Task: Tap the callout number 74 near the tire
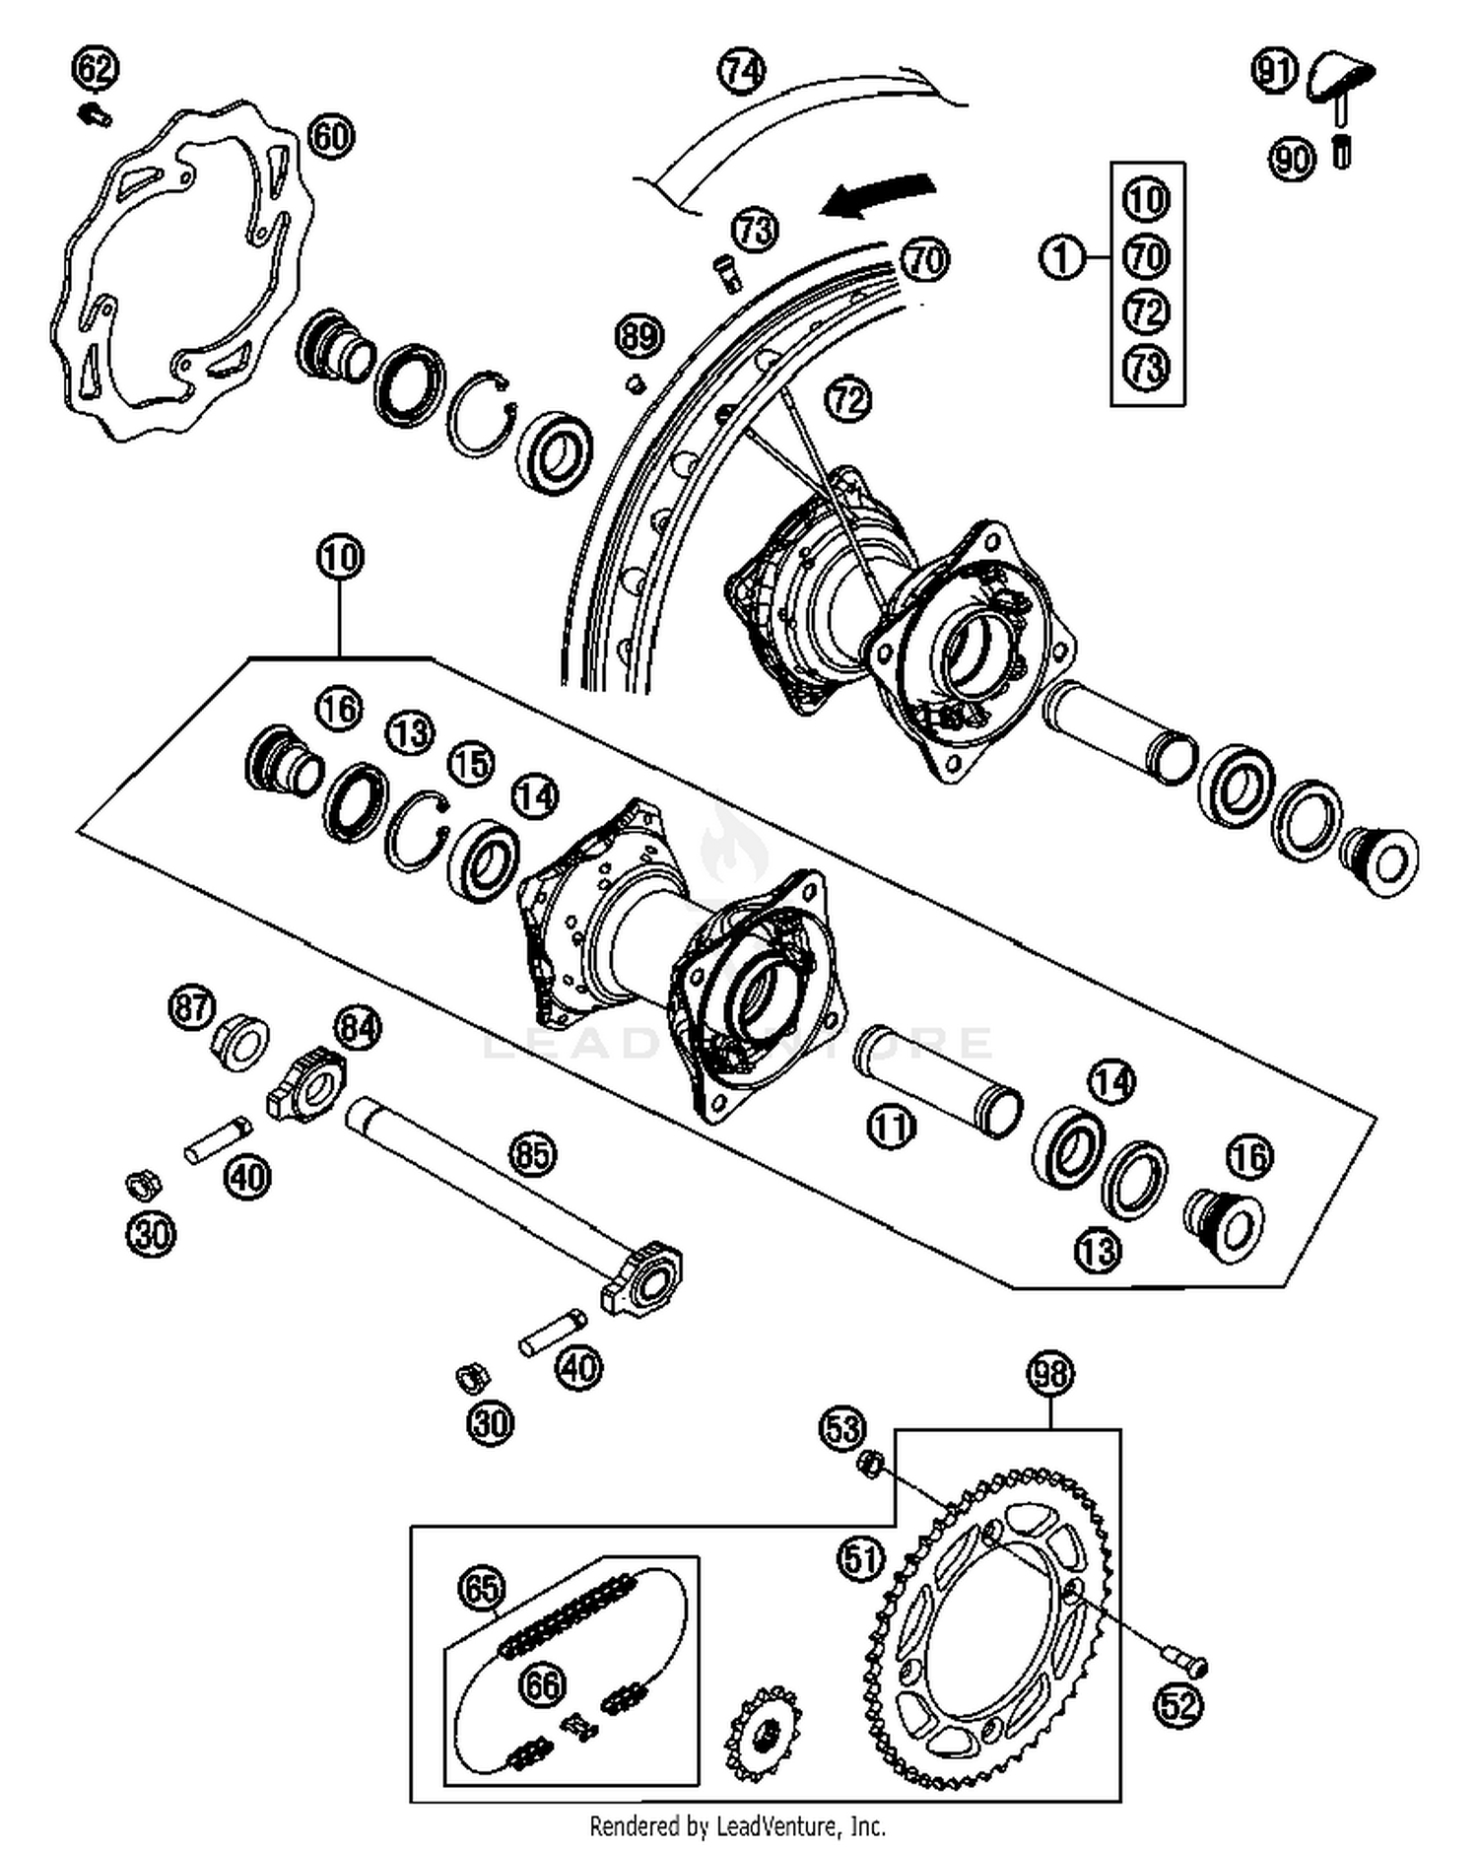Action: point(741,71)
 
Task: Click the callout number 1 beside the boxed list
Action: point(1061,258)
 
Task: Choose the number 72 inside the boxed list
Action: point(1146,312)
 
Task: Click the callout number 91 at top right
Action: point(1275,71)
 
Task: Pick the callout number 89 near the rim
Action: point(638,336)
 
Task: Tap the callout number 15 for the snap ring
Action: point(472,764)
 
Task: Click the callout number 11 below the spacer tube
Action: point(891,1126)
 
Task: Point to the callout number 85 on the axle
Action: point(533,1153)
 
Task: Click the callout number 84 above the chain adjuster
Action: point(358,1028)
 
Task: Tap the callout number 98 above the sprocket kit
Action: point(1050,1373)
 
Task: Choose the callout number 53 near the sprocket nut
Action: point(842,1428)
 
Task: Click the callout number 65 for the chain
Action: point(482,1588)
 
